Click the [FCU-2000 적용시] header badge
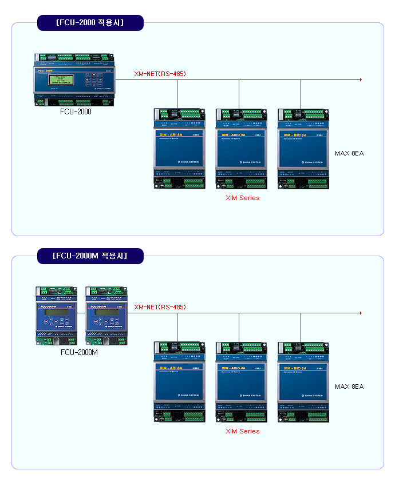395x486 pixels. pos(90,23)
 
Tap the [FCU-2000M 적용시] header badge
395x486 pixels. pos(90,256)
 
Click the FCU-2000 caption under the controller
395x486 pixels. pos(76,111)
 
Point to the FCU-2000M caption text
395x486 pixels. pos(79,352)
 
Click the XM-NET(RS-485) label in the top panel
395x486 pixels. pos(160,74)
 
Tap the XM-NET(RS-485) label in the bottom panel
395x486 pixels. pos(160,307)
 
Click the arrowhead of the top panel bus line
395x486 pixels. pos(361,80)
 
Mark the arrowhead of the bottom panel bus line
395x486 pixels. pos(361,313)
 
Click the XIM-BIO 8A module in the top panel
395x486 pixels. pos(303,148)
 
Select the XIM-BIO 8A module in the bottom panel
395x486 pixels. pos(303,381)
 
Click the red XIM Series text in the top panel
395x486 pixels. pos(242,198)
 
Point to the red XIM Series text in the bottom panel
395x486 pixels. pos(242,431)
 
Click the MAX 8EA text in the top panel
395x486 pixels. pos(349,153)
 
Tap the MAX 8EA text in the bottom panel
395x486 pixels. pos(349,387)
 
